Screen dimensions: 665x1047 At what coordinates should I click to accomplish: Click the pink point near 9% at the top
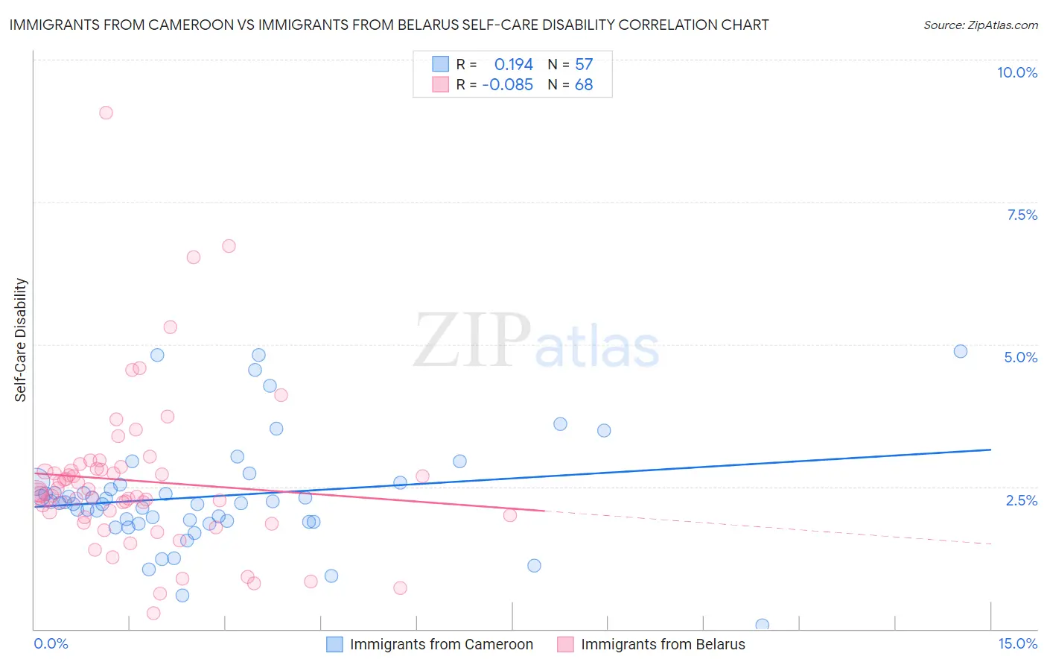(x=106, y=113)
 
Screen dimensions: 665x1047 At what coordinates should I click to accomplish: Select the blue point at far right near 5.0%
(x=961, y=351)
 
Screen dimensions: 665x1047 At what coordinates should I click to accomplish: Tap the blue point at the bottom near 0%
(x=762, y=625)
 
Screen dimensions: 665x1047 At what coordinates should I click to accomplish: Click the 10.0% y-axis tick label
(x=1017, y=72)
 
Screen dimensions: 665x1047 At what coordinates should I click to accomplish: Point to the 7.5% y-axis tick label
(x=1022, y=215)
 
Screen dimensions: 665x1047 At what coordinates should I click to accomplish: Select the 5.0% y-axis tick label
(x=1020, y=357)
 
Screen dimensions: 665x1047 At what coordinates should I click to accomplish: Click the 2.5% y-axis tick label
(x=1022, y=500)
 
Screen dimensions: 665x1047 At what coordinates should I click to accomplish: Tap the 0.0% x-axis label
(x=51, y=643)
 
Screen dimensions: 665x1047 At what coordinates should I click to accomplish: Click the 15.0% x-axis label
(x=1017, y=643)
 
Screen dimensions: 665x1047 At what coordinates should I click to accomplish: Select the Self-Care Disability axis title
(x=21, y=340)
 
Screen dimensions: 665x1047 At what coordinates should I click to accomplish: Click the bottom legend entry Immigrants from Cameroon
(x=441, y=644)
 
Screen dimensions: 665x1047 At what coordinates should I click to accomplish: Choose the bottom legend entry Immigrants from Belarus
(x=662, y=644)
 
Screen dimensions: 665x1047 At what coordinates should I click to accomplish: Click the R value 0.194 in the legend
(x=513, y=65)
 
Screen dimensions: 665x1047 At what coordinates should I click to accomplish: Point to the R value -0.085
(x=508, y=85)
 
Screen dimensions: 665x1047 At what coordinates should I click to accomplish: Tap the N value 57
(x=584, y=65)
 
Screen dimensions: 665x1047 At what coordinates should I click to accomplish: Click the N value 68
(x=584, y=85)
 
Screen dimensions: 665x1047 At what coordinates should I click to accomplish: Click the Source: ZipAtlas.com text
(x=980, y=25)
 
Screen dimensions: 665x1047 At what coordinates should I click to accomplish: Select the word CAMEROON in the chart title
(x=191, y=25)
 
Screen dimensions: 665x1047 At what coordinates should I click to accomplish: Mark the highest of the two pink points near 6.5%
(x=229, y=246)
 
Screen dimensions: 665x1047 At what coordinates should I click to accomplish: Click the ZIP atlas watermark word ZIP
(x=471, y=341)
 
